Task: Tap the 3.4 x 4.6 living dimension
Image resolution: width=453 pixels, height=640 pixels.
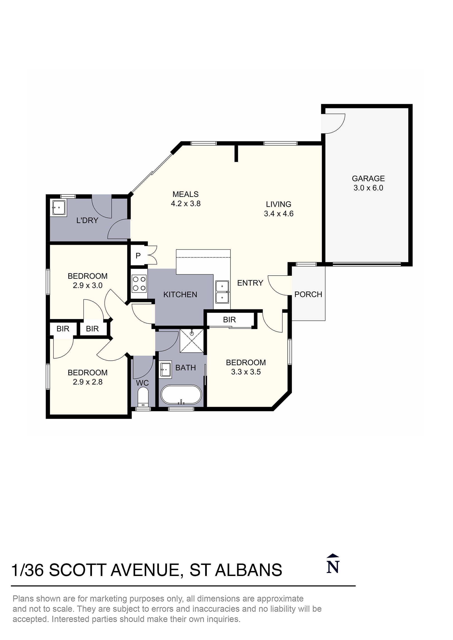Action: click(279, 214)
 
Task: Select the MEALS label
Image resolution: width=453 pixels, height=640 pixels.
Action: click(185, 194)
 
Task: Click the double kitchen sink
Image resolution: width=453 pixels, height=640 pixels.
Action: click(222, 292)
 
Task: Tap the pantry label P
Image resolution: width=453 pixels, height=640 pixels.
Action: click(138, 255)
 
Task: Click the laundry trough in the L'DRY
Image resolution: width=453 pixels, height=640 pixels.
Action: click(59, 208)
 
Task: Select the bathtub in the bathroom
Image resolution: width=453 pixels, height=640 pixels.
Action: click(181, 395)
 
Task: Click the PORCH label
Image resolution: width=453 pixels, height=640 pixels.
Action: click(308, 294)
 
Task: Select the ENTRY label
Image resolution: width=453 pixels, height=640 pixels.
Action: click(250, 283)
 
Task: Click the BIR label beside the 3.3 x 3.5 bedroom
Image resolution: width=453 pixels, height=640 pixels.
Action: click(229, 320)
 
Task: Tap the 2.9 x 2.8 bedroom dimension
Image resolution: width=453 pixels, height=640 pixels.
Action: click(88, 382)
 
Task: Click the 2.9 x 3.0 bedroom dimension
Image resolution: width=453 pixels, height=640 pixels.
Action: click(88, 286)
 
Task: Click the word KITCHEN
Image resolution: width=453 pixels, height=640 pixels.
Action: click(180, 295)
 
